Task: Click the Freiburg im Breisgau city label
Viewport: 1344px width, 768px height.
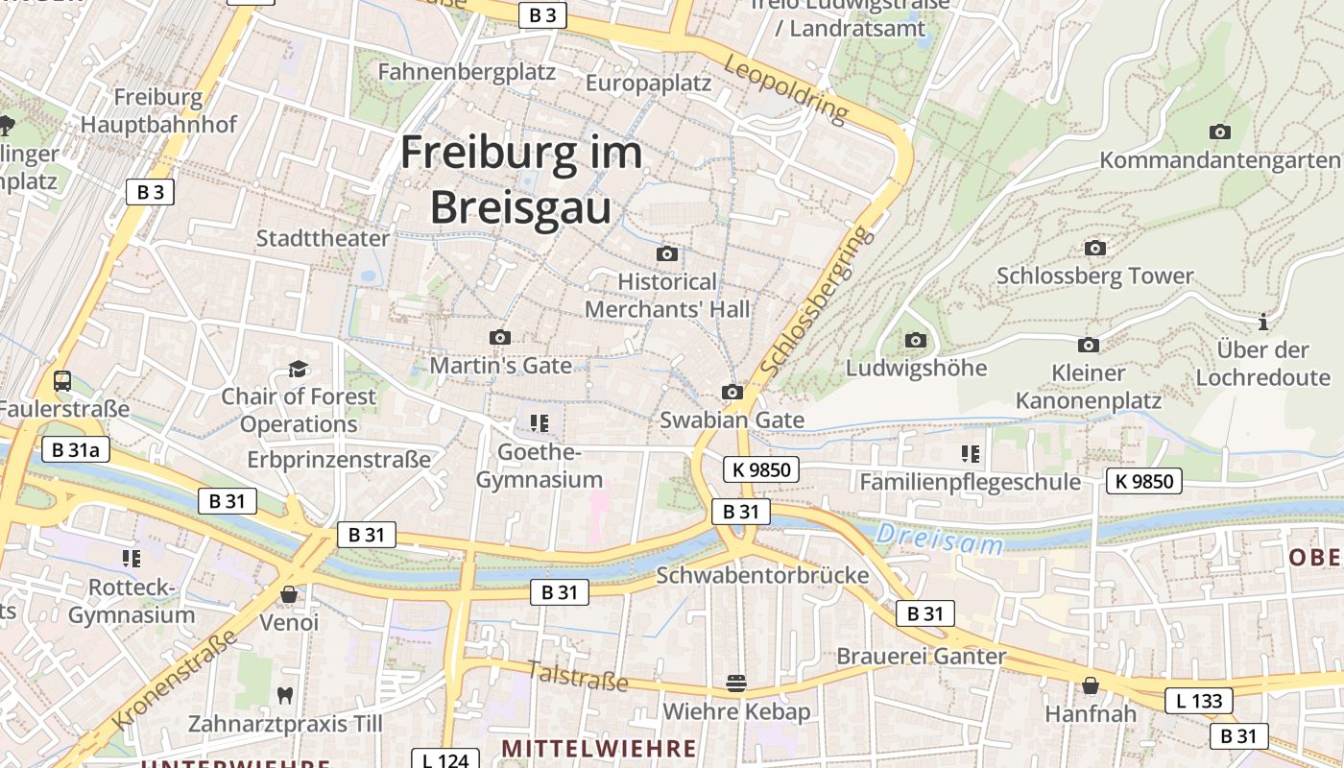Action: point(520,180)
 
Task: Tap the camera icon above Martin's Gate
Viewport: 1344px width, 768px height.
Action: point(500,337)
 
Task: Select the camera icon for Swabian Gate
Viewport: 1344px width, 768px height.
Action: point(732,392)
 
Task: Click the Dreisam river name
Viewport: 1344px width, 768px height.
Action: point(940,540)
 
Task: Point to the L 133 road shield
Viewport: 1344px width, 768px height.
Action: point(1199,701)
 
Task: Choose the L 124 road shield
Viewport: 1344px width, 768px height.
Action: point(444,760)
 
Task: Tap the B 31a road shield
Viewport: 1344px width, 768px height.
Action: point(76,449)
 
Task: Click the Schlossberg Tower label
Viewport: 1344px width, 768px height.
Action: point(1094,276)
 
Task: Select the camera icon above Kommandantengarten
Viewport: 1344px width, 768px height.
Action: point(1220,132)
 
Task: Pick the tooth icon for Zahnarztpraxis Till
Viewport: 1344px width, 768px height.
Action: point(284,694)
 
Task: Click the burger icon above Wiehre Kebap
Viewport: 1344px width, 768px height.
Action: point(736,683)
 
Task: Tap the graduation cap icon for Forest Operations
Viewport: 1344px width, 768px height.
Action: point(299,369)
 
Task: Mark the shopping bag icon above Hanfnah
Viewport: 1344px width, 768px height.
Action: point(1091,685)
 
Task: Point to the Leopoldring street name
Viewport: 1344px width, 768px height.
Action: point(787,88)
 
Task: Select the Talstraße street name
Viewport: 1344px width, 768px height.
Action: point(577,676)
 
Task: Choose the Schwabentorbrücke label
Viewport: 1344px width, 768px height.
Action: point(762,575)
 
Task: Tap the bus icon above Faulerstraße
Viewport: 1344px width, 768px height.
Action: point(62,380)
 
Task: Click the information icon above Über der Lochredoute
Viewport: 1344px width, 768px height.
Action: point(1263,322)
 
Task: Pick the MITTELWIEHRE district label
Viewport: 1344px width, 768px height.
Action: point(599,748)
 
